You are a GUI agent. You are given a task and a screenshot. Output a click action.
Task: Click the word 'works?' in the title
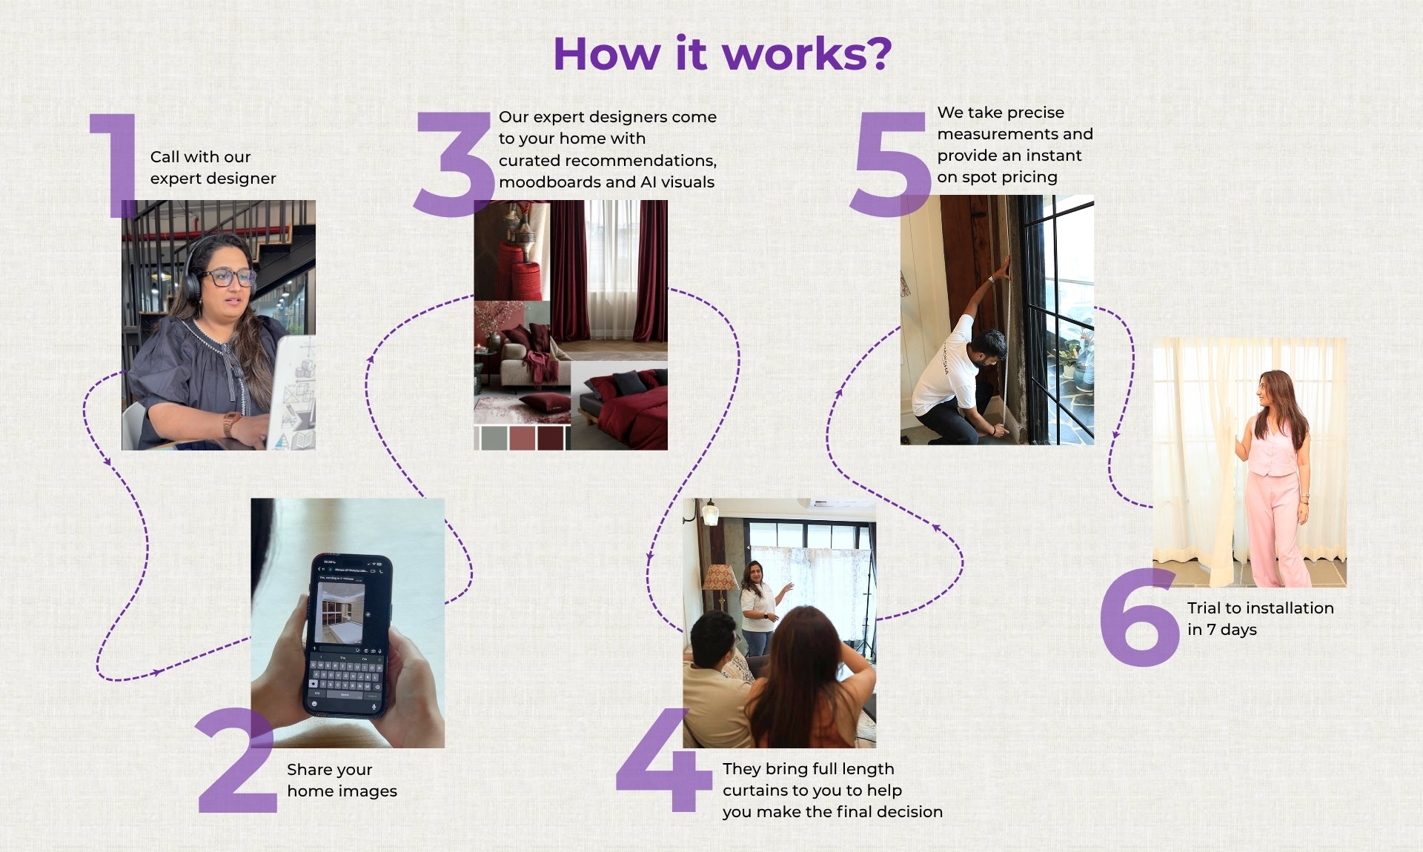[807, 54]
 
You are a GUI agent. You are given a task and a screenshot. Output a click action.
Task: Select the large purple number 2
[236, 759]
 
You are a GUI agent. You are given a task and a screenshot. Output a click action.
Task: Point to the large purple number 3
[454, 164]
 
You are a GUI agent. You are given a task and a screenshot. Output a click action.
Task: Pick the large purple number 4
[663, 759]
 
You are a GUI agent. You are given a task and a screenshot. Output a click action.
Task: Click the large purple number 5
[890, 164]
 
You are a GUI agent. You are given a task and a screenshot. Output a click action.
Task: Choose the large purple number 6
[1139, 617]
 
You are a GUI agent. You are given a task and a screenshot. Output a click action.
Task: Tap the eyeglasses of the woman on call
[229, 278]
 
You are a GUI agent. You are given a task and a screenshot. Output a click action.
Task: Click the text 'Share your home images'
[342, 780]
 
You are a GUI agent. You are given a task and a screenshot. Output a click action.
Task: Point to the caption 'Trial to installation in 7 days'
[1260, 619]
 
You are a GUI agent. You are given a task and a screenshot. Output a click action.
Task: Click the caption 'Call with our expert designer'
[213, 167]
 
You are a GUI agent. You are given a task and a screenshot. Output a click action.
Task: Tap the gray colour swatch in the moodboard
[494, 438]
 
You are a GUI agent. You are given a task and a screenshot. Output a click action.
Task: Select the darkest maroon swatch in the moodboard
[551, 438]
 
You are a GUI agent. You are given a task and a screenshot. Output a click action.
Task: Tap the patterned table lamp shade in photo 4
[720, 578]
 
